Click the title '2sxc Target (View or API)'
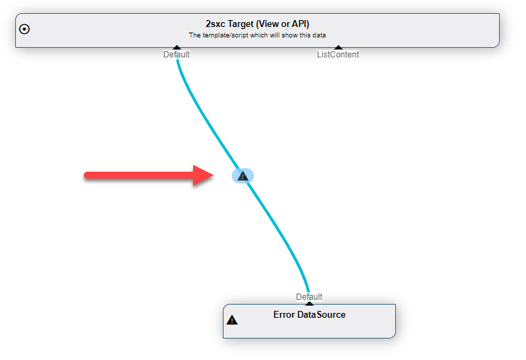(x=257, y=24)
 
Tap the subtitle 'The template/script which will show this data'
(x=257, y=35)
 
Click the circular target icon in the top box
(x=24, y=29)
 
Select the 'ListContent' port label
(x=338, y=55)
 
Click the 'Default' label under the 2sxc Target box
(x=176, y=55)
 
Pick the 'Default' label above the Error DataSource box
(x=309, y=297)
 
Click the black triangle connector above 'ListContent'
(x=338, y=47)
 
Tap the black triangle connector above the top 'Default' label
(x=176, y=47)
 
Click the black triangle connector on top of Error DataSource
(x=309, y=304)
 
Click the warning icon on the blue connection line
(x=243, y=176)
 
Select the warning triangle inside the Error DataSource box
(x=232, y=320)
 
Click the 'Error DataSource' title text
(x=309, y=315)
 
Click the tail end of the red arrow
(x=86, y=175)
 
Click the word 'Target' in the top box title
(x=241, y=24)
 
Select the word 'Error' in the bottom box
(x=284, y=315)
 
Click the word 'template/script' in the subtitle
(x=225, y=35)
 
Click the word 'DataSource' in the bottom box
(x=321, y=315)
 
